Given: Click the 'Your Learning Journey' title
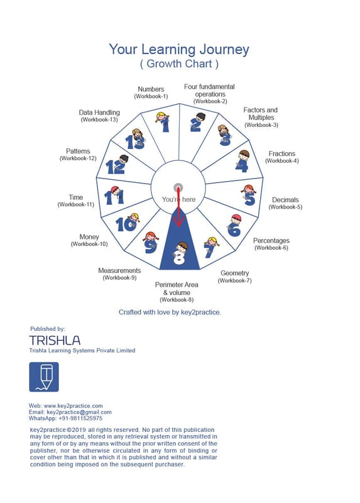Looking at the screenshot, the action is (x=179, y=50).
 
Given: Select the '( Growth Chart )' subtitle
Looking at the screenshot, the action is (x=179, y=64).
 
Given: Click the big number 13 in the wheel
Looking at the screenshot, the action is (x=134, y=141).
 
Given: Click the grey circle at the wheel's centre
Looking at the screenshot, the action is (x=178, y=187).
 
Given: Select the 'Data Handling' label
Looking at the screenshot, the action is (x=99, y=113).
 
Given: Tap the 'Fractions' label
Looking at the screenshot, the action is (x=282, y=153).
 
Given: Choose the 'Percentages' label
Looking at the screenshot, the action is (x=271, y=240).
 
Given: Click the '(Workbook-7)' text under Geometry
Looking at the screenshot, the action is (x=234, y=280).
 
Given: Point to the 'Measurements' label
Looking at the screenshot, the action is (x=119, y=270).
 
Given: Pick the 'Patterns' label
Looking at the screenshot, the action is (x=78, y=151).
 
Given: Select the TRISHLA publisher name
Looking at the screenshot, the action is (x=55, y=340).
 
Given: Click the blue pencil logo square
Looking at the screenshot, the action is (x=44, y=377).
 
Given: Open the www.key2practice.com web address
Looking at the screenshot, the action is (x=73, y=406).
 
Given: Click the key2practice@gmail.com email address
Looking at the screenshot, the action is (x=79, y=412).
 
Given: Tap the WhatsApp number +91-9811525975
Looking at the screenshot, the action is (x=80, y=418).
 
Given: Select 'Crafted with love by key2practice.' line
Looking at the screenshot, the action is (x=170, y=312).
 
